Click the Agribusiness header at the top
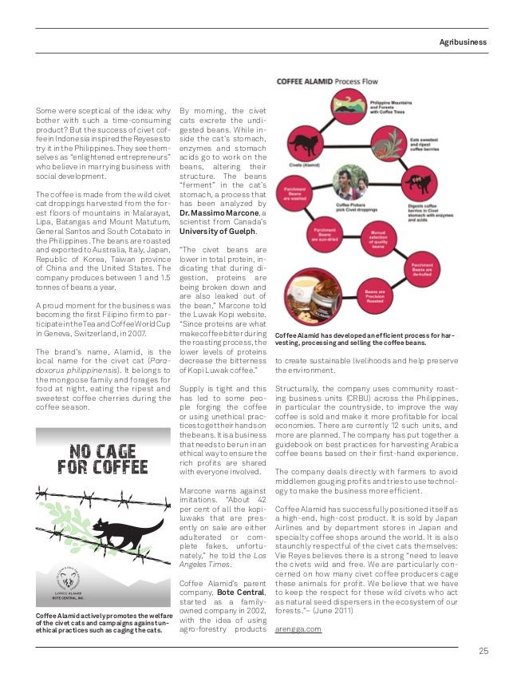pos(464,41)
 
